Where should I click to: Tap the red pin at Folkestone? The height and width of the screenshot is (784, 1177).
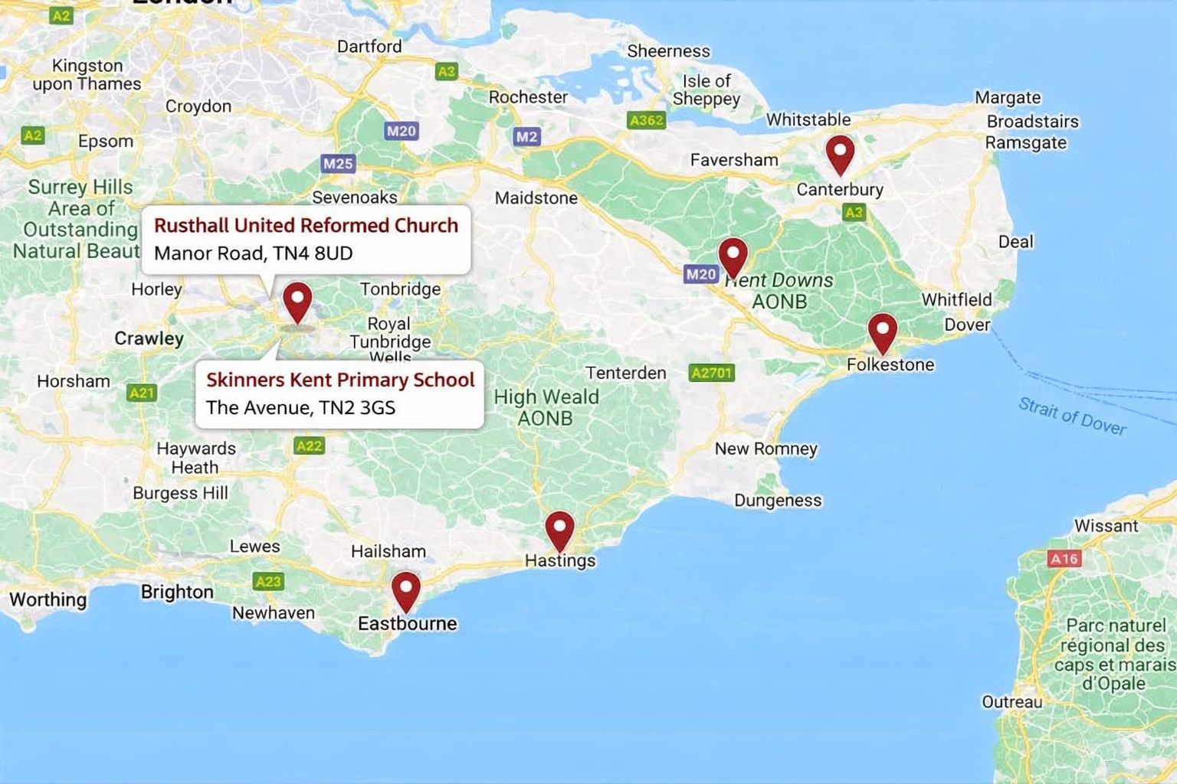coord(882,330)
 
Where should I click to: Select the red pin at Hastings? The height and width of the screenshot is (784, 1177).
coord(559,528)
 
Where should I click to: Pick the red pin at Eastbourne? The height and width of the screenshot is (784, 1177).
coord(405,589)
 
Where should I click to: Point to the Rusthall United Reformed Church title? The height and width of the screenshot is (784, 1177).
coord(306,225)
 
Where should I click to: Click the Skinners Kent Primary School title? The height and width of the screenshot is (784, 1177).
coord(340,380)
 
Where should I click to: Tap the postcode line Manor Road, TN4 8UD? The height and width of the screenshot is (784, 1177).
coord(253,253)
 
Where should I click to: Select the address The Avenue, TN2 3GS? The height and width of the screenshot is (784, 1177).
coord(300,407)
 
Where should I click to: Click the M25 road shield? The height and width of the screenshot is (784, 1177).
coord(338,163)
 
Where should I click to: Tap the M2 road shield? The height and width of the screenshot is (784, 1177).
coord(526,136)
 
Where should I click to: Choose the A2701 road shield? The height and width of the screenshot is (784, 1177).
coord(711,373)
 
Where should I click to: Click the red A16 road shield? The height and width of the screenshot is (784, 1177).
coord(1064,559)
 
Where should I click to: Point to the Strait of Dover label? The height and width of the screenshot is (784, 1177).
coord(1071,416)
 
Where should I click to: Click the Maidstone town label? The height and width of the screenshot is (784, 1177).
coord(536,198)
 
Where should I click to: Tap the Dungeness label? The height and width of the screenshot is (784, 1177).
coord(777,501)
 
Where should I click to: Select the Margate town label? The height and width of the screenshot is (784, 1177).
coord(1007,97)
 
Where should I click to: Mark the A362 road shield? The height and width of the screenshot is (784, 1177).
coord(646,120)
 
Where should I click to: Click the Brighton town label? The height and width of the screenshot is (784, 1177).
coord(177,592)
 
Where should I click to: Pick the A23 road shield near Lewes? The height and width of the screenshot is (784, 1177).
coord(268,581)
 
